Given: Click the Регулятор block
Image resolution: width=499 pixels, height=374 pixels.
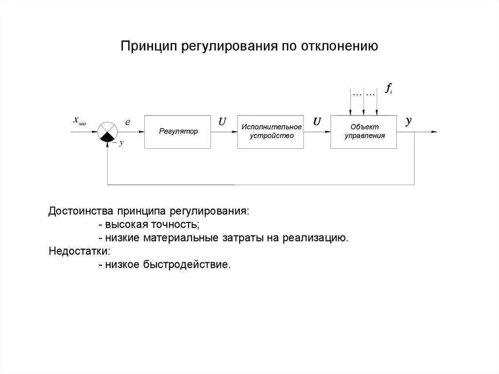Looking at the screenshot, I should [177, 132].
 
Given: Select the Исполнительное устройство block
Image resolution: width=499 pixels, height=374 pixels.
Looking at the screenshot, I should [270, 132].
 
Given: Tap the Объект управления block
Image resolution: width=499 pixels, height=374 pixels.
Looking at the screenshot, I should [364, 132].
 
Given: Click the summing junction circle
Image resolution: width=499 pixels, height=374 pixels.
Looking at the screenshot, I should [107, 132].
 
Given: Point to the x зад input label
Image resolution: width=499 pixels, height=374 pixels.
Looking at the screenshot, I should [79, 120].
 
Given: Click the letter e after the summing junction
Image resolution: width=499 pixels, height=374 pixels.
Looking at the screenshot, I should [128, 122].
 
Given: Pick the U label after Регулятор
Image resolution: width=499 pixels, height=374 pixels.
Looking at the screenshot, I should [222, 122].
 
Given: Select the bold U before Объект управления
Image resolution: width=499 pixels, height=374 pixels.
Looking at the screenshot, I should [317, 122].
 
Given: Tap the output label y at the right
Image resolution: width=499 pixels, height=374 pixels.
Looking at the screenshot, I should [408, 121].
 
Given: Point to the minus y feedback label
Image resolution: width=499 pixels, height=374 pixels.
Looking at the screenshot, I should [118, 143].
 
